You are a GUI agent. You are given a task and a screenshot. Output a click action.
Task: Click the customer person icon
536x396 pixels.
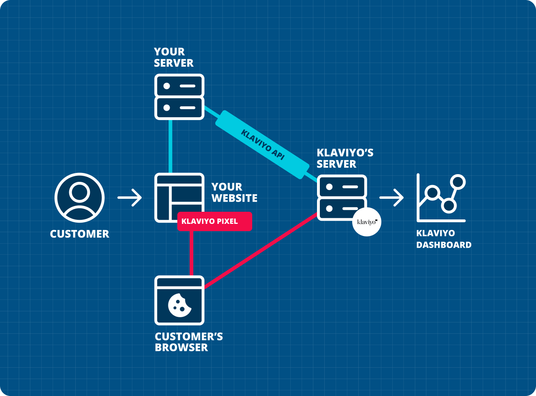click(79, 198)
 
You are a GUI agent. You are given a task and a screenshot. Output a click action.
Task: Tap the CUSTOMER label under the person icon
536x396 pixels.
click(79, 234)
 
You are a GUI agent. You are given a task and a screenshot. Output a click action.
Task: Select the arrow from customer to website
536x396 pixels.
click(130, 198)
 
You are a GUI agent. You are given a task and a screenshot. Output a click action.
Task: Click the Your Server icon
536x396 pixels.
click(179, 97)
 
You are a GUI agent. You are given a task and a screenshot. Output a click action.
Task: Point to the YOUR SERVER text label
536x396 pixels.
click(173, 57)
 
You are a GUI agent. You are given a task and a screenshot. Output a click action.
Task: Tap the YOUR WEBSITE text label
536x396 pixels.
click(234, 192)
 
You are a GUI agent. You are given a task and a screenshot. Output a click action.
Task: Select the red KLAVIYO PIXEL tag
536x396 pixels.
click(215, 221)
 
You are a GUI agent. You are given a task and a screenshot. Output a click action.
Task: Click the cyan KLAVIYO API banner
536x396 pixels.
click(262, 145)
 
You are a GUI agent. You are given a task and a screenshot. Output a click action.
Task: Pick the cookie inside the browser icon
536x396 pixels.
click(179, 305)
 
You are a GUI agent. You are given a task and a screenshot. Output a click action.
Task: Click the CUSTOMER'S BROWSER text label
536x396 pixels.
click(188, 342)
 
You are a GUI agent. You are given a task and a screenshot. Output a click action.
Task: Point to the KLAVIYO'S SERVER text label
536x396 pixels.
click(345, 158)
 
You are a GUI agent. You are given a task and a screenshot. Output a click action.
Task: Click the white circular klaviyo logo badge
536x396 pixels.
click(367, 222)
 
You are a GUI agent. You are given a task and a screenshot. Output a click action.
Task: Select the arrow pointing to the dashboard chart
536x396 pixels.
click(391, 198)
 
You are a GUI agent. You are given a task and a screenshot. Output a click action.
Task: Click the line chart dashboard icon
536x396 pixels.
click(441, 198)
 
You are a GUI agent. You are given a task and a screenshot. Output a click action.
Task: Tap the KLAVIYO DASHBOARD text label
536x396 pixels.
click(443, 239)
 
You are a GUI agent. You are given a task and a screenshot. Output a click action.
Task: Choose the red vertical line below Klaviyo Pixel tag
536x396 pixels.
click(191, 253)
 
